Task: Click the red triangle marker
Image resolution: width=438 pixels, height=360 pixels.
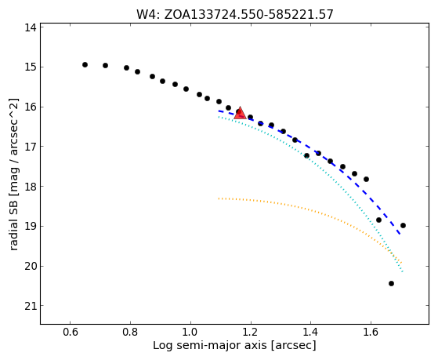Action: (240, 113)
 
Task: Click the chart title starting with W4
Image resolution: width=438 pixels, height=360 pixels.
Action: (235, 14)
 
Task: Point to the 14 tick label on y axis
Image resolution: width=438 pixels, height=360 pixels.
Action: (31, 27)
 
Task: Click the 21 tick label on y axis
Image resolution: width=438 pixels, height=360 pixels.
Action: (31, 307)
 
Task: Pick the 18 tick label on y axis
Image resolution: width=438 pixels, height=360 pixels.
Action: (31, 187)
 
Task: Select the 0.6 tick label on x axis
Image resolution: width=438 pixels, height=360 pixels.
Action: (70, 333)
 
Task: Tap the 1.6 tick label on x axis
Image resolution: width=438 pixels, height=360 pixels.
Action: (371, 333)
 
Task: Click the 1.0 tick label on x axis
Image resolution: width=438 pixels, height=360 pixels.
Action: (190, 333)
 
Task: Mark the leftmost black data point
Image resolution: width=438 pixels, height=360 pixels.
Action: (85, 64)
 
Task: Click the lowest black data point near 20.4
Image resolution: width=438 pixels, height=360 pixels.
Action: (391, 283)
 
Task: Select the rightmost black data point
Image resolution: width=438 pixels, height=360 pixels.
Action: (403, 225)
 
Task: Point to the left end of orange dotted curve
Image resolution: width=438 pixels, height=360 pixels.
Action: (219, 198)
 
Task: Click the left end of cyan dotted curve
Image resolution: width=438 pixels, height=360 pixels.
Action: (219, 117)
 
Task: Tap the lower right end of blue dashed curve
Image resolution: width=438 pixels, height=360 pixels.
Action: (400, 234)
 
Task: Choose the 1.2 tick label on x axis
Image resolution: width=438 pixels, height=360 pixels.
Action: (251, 333)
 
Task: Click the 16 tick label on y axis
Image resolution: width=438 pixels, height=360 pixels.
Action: (31, 107)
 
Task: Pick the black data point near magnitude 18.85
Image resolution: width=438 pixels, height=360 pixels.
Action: (378, 220)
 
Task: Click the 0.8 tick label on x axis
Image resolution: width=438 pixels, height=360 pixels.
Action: (130, 333)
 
